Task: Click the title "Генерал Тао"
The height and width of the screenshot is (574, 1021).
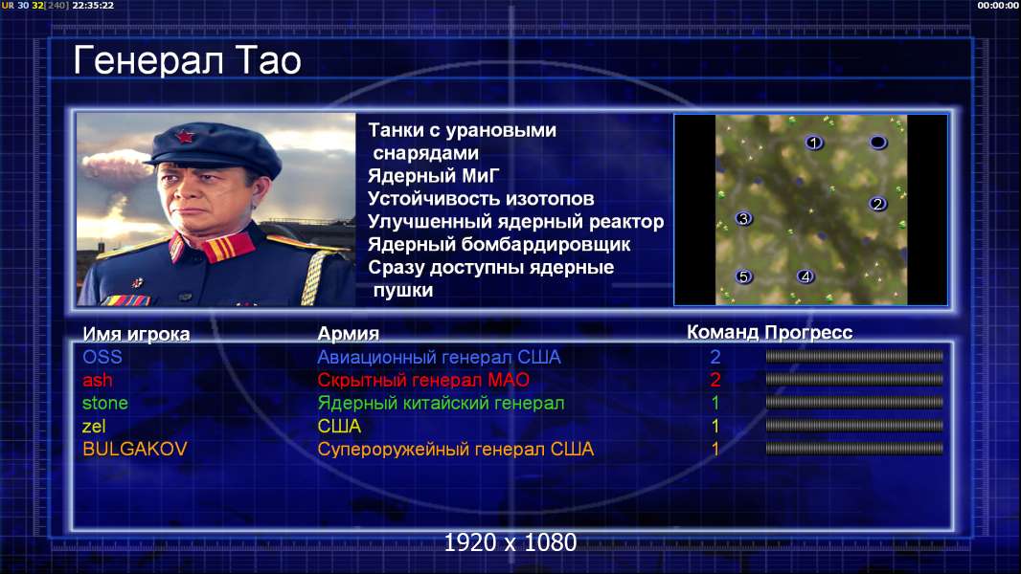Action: (187, 60)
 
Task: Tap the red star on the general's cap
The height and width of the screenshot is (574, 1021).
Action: (184, 137)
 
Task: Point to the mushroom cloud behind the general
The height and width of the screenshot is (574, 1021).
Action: (116, 166)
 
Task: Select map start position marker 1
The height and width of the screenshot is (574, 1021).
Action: (812, 143)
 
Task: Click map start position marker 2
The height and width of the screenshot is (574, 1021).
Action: (877, 204)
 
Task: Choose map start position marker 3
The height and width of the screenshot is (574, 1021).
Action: (743, 218)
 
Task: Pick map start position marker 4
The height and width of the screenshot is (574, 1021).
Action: (805, 276)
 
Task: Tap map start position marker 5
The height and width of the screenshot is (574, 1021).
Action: (743, 276)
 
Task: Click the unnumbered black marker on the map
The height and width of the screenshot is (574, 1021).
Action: (877, 142)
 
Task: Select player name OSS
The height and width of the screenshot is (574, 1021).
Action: (102, 357)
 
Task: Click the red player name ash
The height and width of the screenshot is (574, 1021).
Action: (98, 380)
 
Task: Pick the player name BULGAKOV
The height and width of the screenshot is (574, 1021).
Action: (135, 449)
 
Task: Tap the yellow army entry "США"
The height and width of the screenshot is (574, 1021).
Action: (339, 426)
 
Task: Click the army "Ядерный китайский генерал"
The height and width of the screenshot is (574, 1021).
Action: (441, 403)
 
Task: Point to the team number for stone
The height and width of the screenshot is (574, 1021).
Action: (715, 403)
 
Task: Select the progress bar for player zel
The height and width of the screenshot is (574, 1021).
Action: (854, 426)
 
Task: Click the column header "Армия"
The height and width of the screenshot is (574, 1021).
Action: (348, 334)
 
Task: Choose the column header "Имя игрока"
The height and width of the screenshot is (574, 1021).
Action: (136, 334)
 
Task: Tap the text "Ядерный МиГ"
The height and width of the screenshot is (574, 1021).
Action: (434, 175)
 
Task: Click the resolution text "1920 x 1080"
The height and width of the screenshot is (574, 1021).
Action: (510, 542)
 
